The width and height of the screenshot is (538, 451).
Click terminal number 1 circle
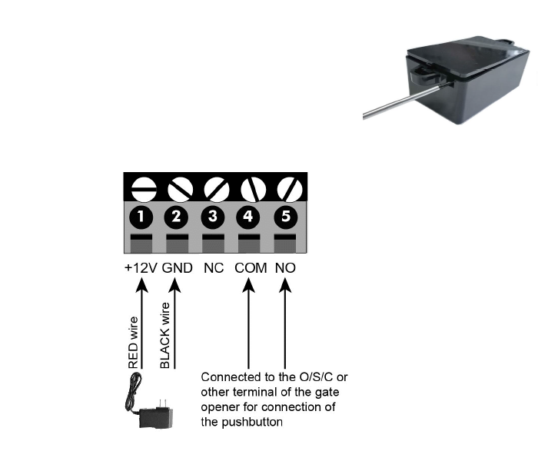point(140,217)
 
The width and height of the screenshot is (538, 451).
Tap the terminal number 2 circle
point(176,217)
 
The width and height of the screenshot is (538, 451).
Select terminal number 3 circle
point(213,217)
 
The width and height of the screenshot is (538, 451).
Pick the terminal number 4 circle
point(248,217)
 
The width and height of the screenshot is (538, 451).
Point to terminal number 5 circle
point(285,217)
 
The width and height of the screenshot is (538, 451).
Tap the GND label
point(177,269)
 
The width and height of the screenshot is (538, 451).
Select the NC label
point(214,269)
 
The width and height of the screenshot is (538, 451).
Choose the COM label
point(251,269)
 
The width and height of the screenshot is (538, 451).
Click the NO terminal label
point(285,269)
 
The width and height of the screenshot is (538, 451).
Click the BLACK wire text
point(164,336)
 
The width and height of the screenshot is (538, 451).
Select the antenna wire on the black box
point(388,107)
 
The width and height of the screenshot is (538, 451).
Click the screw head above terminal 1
point(140,187)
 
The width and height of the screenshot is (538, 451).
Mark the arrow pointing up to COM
point(249,323)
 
